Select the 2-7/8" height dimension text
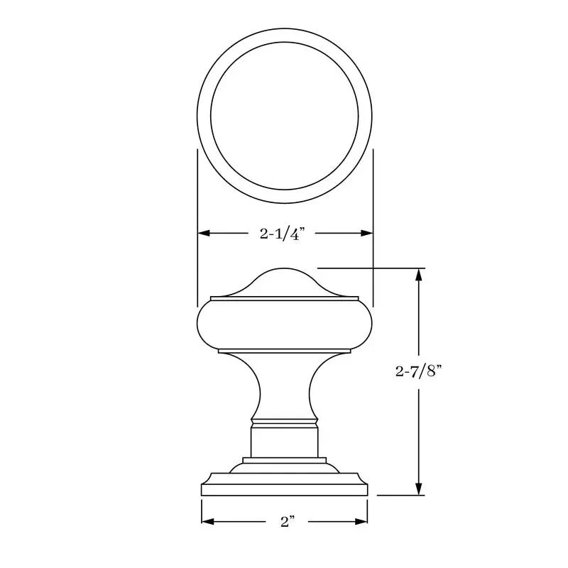tap(419, 371)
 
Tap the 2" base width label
tap(288, 522)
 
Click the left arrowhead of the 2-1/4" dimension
tap(204, 233)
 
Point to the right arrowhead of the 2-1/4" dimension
tap(366, 233)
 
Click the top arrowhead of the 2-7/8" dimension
tap(419, 275)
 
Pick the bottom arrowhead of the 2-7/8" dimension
tap(419, 488)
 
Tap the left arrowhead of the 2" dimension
tap(207, 521)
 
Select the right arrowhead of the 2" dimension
tap(361, 521)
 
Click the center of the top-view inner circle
tap(285, 116)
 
